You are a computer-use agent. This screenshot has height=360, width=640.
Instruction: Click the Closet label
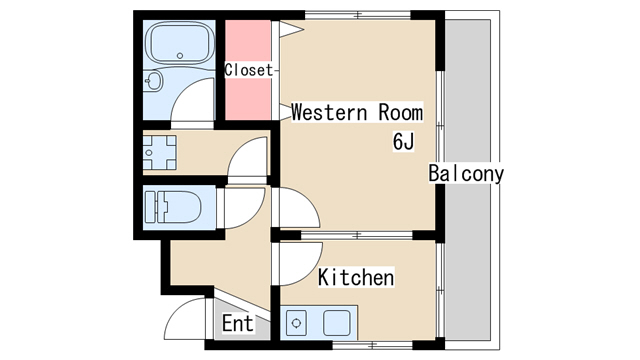point(248,70)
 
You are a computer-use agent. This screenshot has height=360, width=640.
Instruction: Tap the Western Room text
point(357,112)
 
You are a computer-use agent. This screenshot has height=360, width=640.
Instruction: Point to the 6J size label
point(403,142)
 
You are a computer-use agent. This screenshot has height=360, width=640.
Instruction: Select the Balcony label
point(466,173)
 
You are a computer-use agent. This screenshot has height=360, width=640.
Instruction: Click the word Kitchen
point(356,278)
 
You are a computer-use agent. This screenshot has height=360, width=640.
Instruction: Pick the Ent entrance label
point(238,324)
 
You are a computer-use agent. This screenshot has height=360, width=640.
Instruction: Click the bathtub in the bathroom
point(180,43)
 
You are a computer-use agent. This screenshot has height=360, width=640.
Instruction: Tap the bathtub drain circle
point(180,56)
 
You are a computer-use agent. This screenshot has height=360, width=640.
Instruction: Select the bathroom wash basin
point(153,81)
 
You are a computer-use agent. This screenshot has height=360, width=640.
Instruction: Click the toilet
point(173,207)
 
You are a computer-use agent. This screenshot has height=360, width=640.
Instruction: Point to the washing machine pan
point(160,153)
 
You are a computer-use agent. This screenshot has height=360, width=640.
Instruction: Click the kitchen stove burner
point(297,323)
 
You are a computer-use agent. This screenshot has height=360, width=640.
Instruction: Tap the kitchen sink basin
point(337,323)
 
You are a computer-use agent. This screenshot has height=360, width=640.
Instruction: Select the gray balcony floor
point(468,180)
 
